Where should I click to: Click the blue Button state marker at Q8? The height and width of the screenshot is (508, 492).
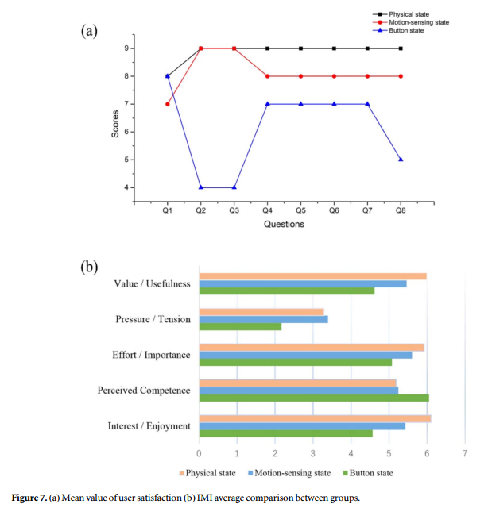(401, 159)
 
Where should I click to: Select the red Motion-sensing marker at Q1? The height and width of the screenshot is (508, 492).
(167, 104)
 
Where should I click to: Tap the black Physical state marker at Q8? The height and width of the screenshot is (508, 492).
(401, 48)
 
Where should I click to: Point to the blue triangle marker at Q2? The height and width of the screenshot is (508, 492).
(200, 187)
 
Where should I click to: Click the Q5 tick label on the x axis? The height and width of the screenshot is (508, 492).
(300, 211)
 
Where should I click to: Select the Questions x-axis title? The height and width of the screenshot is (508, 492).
(284, 225)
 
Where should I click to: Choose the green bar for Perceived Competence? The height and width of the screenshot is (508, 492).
(314, 398)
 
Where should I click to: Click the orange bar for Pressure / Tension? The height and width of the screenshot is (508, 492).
(261, 312)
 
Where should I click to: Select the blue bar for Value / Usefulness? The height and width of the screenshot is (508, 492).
(303, 283)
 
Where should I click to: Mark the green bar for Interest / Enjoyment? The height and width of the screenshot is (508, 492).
(285, 433)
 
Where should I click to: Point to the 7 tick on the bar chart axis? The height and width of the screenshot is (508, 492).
(465, 454)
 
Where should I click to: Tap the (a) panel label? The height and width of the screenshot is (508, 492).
(89, 31)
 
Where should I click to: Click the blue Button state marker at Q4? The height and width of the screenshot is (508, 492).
(267, 104)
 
